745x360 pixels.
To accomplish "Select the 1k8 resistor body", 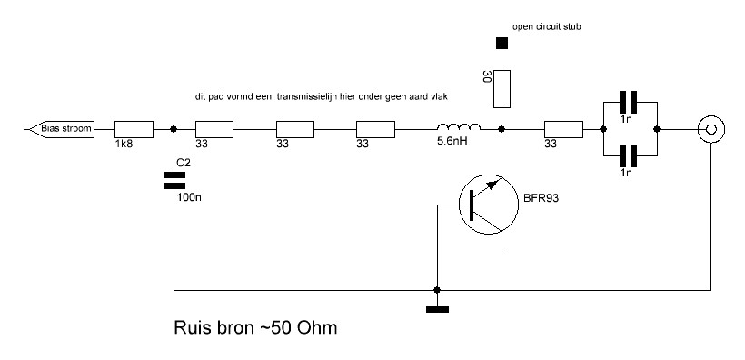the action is point(134,129).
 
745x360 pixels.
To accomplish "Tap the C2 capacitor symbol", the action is point(174,181).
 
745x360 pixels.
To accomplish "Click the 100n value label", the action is point(189,197).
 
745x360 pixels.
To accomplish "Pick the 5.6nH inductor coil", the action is point(459,126).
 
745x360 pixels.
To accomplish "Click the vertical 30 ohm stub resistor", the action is point(502,89).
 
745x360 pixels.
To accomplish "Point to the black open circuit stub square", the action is point(502,44).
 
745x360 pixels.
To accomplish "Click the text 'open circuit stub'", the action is point(546,27).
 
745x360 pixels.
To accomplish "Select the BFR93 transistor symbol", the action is point(489,205).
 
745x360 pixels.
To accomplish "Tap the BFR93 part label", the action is point(541,198).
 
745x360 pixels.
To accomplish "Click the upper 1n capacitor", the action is point(628,102).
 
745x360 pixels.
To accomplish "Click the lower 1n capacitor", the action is point(628,155).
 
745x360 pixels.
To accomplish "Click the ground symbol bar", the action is point(437,310).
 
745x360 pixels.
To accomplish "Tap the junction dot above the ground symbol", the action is point(437,290).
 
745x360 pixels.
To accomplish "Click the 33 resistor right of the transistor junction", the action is point(563,129).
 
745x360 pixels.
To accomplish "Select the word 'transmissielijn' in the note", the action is point(304,96).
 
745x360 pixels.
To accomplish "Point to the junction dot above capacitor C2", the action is point(174,129).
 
